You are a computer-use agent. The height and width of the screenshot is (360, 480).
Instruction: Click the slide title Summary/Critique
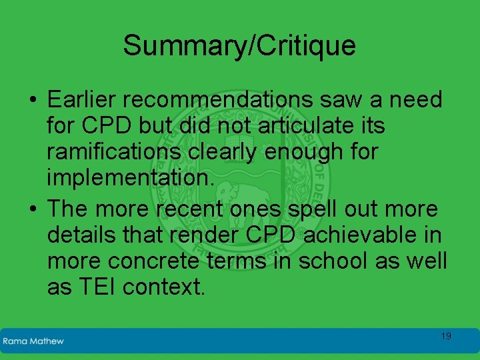coord(239,46)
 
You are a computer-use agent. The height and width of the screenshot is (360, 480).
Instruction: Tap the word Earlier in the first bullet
coord(83,100)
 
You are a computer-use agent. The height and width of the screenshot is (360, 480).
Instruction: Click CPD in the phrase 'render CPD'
coord(265,235)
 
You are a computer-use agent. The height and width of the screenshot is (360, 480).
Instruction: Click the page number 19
coord(446,336)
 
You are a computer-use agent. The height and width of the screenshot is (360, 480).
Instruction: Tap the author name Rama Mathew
coord(33,341)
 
